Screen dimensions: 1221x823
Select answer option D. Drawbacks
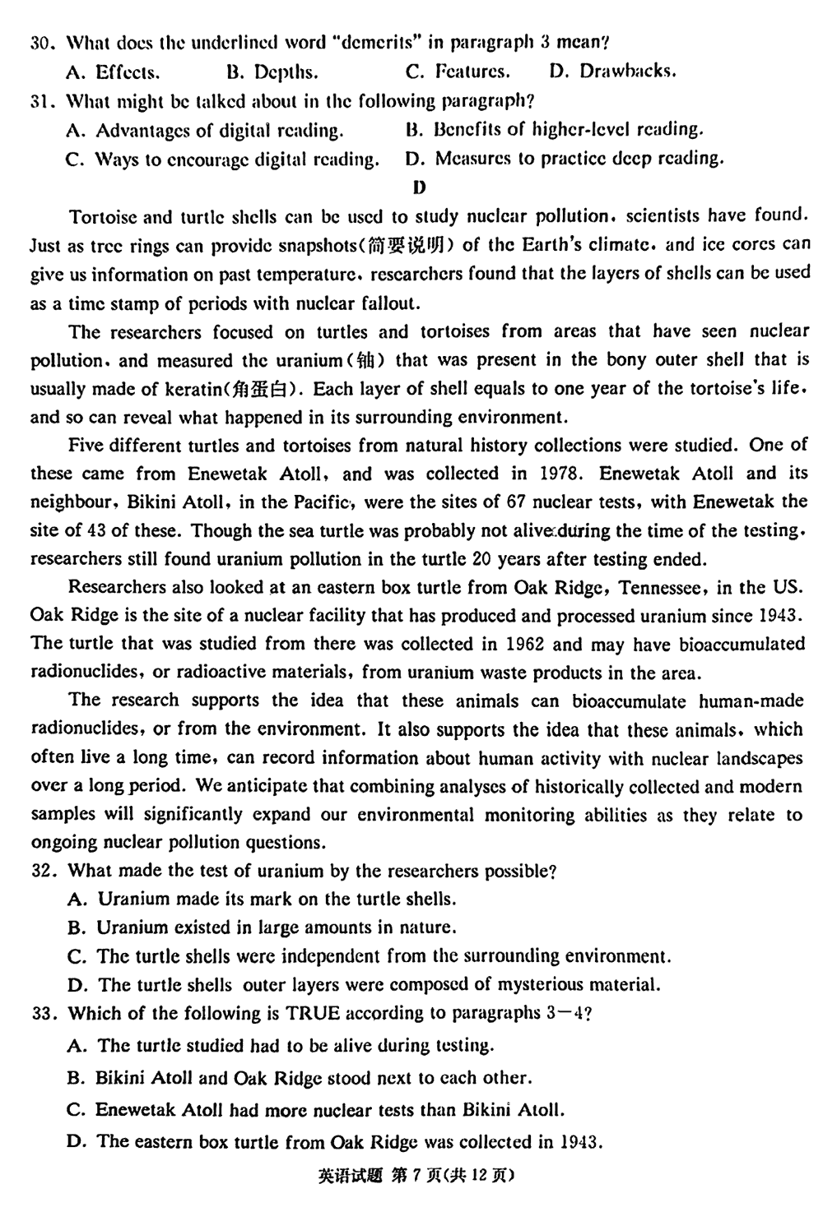pos(612,72)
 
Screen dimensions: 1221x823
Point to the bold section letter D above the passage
pos(419,187)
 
